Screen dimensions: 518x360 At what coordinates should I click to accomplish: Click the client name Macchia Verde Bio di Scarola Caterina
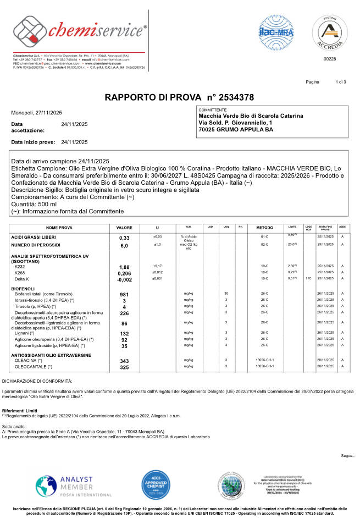[250, 116]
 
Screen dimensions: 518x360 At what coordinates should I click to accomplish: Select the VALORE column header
[124, 227]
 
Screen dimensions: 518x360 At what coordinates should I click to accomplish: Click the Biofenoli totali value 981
[124, 295]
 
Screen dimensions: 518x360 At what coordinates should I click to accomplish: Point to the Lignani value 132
[124, 333]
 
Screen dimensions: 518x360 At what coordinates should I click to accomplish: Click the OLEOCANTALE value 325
[124, 367]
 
